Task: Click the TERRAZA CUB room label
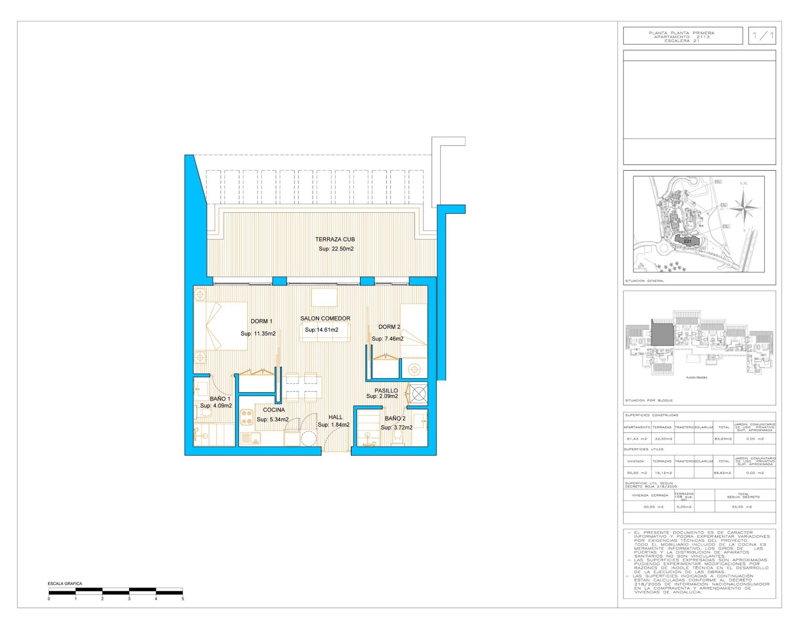(335, 239)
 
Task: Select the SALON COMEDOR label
(325, 318)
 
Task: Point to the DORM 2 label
(389, 327)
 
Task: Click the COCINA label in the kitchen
(274, 410)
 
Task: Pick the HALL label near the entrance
(335, 417)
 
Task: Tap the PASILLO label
(386, 390)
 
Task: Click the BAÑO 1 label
(220, 399)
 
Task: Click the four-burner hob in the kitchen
(247, 417)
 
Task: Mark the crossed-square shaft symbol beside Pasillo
(419, 393)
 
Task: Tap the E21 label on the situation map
(687, 241)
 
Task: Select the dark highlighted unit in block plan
(662, 333)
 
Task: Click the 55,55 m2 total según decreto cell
(742, 507)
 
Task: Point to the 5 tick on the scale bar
(183, 598)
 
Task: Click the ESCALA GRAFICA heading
(65, 583)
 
